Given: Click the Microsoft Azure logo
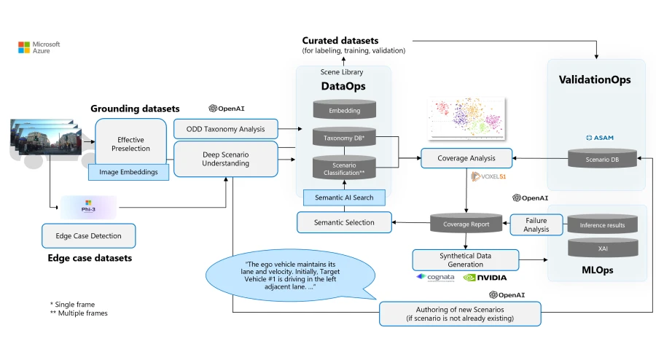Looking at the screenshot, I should [x=39, y=48].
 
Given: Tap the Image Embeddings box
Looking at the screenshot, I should [x=128, y=173].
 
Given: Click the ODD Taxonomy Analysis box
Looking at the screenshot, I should [x=226, y=129].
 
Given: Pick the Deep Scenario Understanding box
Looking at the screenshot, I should [x=226, y=158].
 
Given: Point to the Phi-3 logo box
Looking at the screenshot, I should [x=88, y=207].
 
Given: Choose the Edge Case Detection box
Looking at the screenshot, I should [x=88, y=236].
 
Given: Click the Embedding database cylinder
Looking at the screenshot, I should [x=343, y=110].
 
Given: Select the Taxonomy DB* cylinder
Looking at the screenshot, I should [x=343, y=138].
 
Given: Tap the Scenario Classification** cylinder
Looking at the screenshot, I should [x=343, y=167].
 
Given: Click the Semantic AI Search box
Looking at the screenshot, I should [x=343, y=197].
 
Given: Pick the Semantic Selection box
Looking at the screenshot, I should [x=343, y=222].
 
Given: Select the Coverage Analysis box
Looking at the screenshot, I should [x=466, y=158].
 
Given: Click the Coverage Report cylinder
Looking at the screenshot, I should [x=466, y=224].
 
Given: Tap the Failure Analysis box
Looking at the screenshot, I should [x=536, y=224].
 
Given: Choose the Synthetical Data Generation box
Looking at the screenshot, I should [x=465, y=260].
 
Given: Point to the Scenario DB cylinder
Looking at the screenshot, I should [x=602, y=158].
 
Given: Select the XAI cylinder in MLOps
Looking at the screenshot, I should [x=602, y=249].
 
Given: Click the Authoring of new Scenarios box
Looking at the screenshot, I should [x=460, y=313].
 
